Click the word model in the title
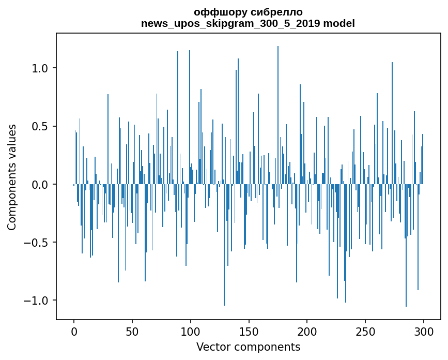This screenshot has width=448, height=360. (339, 23)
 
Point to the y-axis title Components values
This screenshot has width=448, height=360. (12, 177)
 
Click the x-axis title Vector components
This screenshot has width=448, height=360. (248, 347)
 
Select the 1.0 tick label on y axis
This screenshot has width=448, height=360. (40, 68)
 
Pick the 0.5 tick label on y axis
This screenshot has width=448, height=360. (40, 126)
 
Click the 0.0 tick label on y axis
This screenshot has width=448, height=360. (40, 185)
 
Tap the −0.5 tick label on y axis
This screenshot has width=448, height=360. (36, 243)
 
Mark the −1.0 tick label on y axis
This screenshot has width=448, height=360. (36, 301)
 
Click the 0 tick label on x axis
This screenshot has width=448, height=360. (74, 332)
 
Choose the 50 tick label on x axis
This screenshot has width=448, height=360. (132, 332)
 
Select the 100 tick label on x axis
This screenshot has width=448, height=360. (190, 332)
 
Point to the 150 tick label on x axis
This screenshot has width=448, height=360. (249, 332)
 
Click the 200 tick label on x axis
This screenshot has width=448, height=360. (307, 332)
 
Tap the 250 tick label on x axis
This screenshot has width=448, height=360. (365, 332)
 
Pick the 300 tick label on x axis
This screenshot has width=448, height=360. (423, 332)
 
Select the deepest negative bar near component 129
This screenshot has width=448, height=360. (224, 245)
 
